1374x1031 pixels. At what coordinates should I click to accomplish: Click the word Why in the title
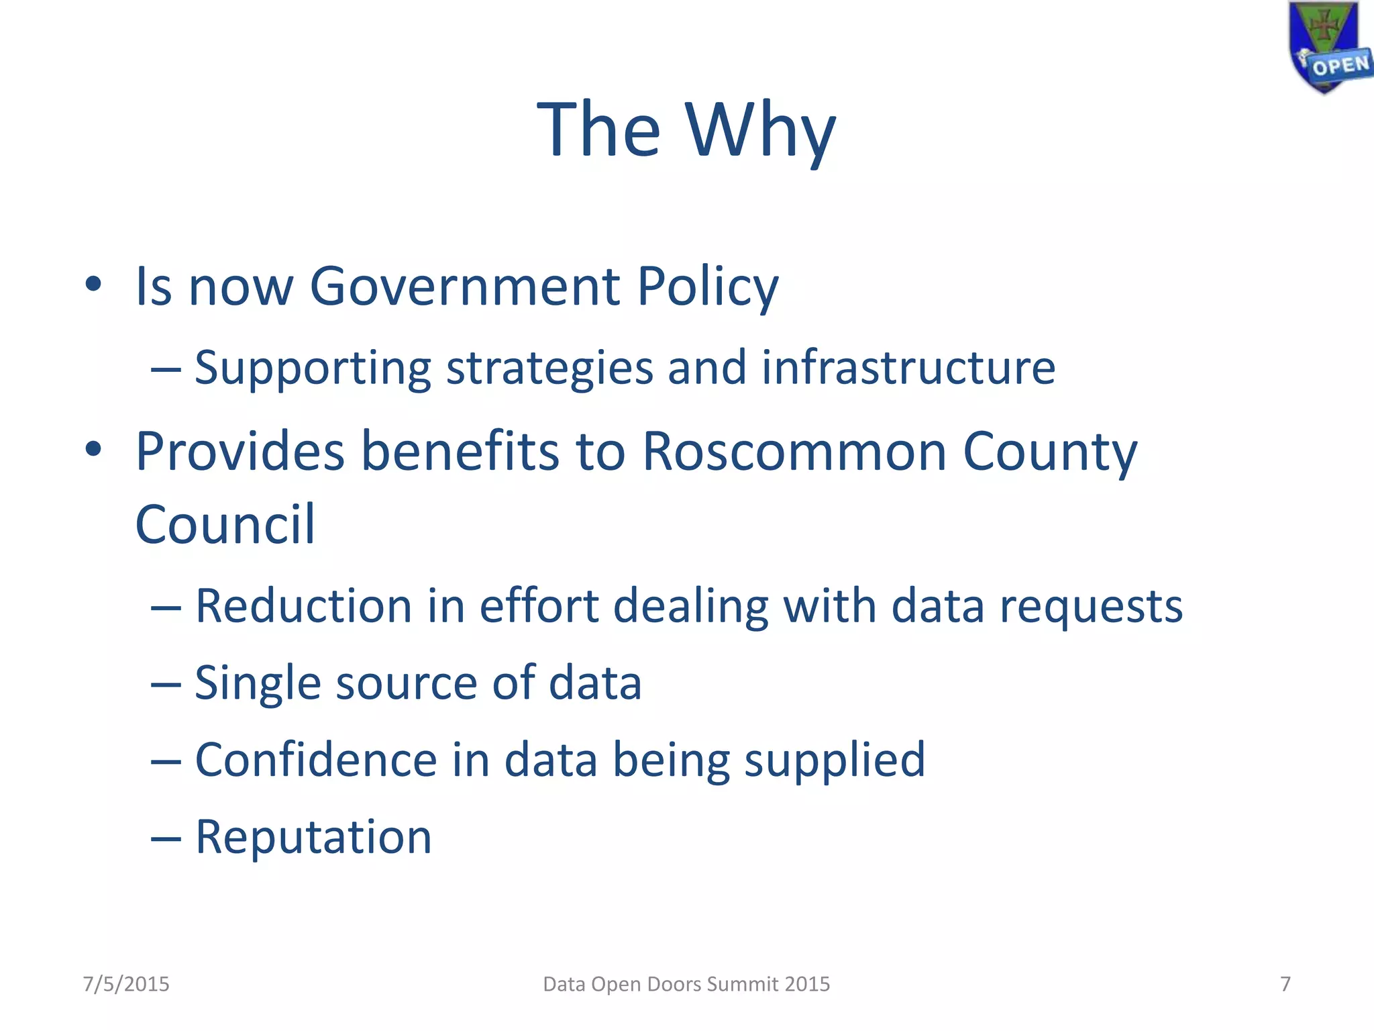(761, 130)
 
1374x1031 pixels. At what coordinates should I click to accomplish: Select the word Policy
(707, 287)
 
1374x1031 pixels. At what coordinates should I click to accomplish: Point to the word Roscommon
(794, 451)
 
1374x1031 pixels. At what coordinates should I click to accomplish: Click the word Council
(225, 525)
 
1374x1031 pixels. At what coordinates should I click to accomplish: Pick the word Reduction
(303, 606)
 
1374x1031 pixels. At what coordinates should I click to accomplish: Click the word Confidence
(316, 760)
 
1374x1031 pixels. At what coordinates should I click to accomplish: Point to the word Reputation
(313, 838)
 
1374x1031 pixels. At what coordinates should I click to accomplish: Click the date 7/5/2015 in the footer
(126, 984)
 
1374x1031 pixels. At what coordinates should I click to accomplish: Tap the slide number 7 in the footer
(1285, 984)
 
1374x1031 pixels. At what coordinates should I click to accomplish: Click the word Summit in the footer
(743, 984)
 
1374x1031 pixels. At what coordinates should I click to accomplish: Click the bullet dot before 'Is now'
(93, 285)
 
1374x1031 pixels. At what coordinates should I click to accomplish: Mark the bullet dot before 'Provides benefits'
(93, 449)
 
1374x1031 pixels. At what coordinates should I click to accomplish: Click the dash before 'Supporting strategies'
(165, 369)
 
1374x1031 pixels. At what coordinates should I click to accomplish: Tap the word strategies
(549, 369)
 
